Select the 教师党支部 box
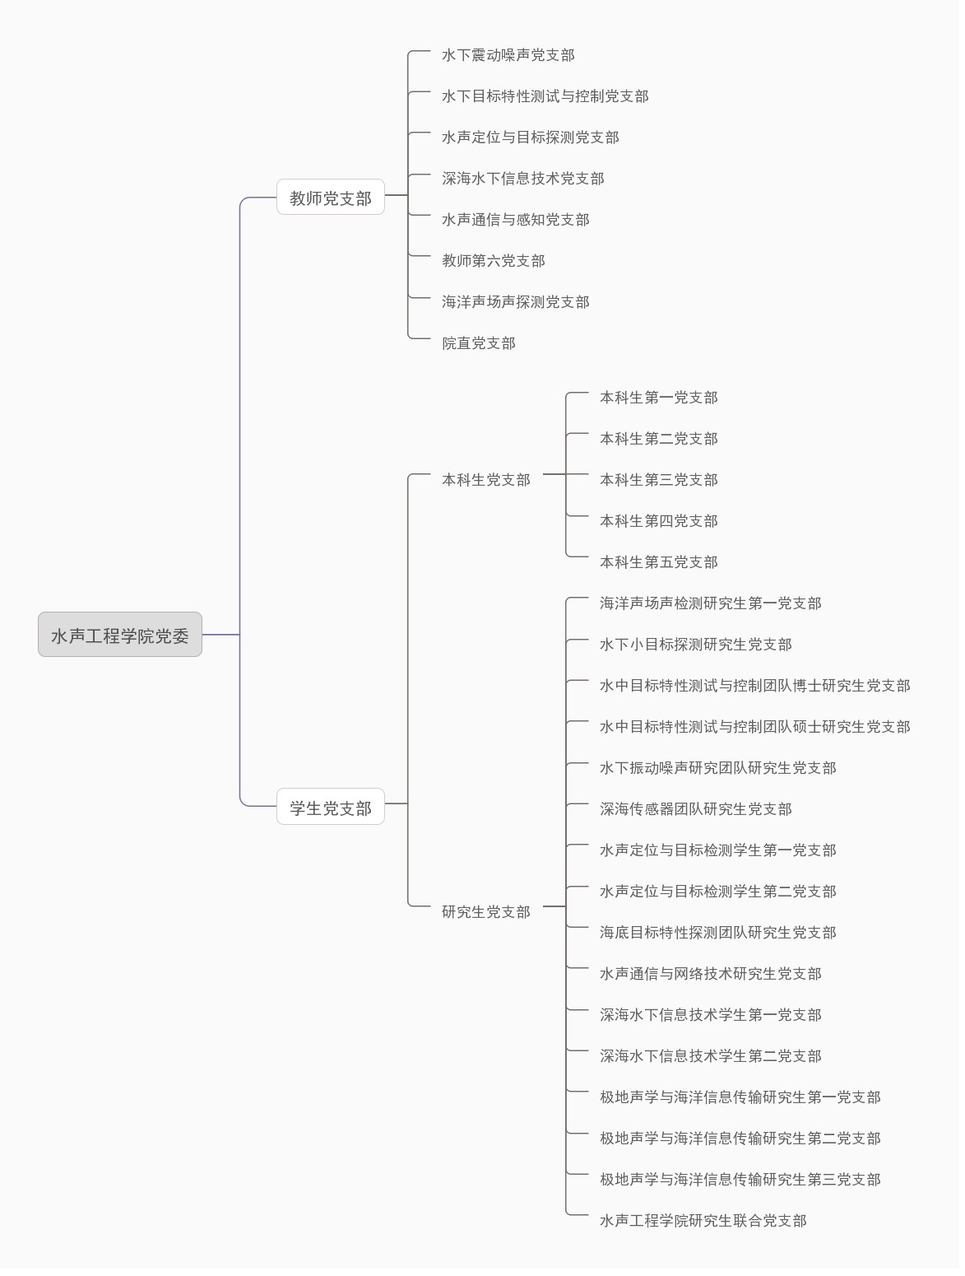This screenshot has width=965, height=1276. tap(332, 198)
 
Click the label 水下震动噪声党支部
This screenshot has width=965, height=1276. tap(509, 55)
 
